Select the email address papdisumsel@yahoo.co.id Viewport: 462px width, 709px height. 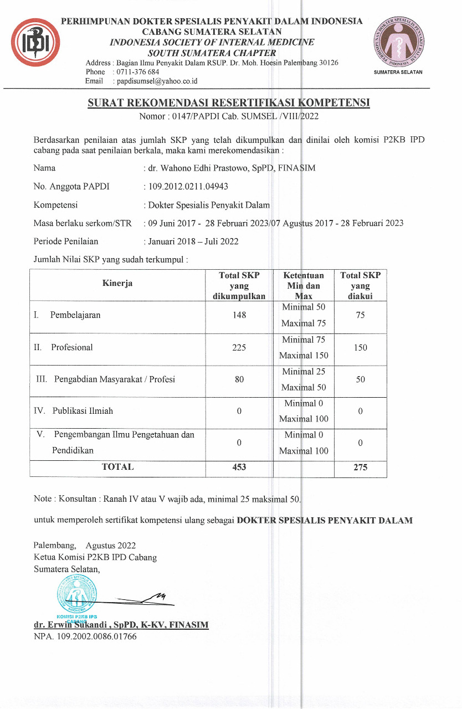pyautogui.click(x=155, y=81)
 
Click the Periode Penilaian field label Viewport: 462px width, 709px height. pyautogui.click(x=66, y=242)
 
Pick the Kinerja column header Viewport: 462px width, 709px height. pyautogui.click(x=117, y=284)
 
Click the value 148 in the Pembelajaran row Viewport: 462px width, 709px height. pyautogui.click(x=239, y=315)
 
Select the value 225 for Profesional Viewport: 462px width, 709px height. pyautogui.click(x=239, y=348)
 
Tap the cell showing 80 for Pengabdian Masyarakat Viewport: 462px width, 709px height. pyautogui.click(x=239, y=380)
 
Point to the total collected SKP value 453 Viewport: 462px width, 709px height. pyautogui.click(x=239, y=467)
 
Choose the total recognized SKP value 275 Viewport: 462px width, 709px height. pyautogui.click(x=361, y=467)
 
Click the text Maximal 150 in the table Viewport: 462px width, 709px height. pyautogui.click(x=304, y=356)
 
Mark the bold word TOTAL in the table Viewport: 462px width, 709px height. pyautogui.click(x=117, y=467)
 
